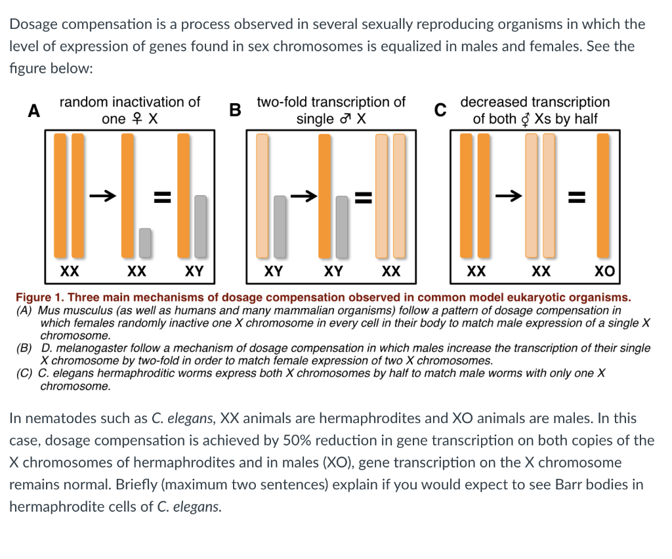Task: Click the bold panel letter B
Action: click(x=234, y=110)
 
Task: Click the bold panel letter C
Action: click(x=442, y=110)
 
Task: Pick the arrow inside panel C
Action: click(x=509, y=195)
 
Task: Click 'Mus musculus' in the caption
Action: click(x=70, y=310)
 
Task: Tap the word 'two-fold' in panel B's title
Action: click(x=281, y=102)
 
